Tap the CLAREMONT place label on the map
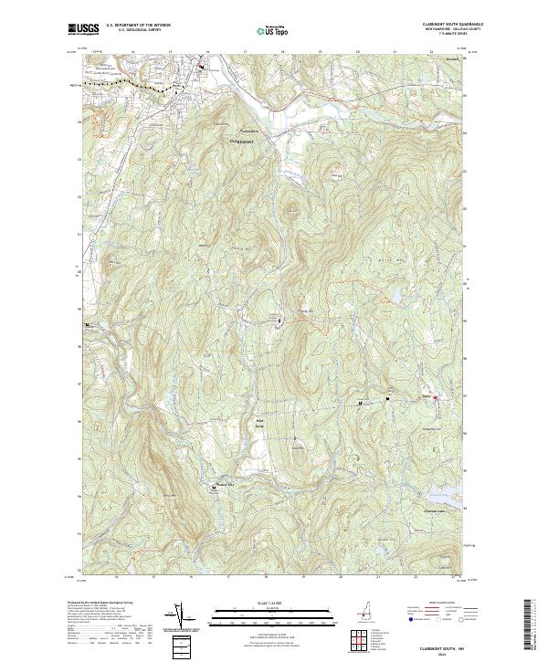coord(241,142)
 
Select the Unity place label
coord(426,396)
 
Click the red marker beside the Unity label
coord(435,397)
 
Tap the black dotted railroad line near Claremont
coord(128,85)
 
